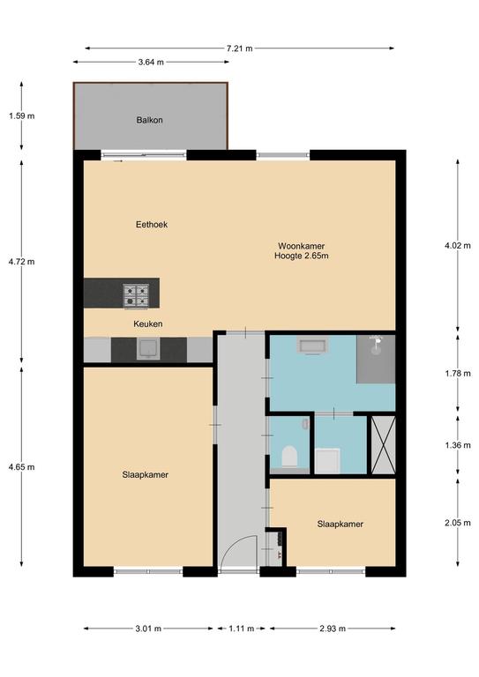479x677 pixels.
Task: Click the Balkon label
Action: pos(149,120)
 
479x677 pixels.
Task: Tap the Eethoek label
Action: pos(152,225)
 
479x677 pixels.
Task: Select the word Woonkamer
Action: pos(301,246)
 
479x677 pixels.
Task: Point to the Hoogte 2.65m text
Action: pos(301,256)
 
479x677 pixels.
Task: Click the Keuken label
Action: pos(148,324)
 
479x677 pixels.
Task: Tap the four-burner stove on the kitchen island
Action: pos(136,295)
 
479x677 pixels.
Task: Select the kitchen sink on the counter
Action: pos(148,349)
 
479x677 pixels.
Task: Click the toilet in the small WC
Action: pos(289,457)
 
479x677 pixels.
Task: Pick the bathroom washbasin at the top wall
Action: pos(312,346)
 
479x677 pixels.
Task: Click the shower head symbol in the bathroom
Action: pos(377,345)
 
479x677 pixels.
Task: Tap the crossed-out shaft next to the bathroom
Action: pos(384,444)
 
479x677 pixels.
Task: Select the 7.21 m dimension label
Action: pos(239,48)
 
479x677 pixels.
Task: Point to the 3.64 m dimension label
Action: pos(151,63)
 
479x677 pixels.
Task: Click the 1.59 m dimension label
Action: pos(21,115)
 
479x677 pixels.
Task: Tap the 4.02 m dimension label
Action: pos(458,246)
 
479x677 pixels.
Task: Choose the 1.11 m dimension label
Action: pos(241,629)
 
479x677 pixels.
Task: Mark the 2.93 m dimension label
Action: pos(333,629)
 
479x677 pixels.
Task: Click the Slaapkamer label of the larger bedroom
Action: pos(146,475)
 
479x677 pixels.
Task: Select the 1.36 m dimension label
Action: pos(458,445)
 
